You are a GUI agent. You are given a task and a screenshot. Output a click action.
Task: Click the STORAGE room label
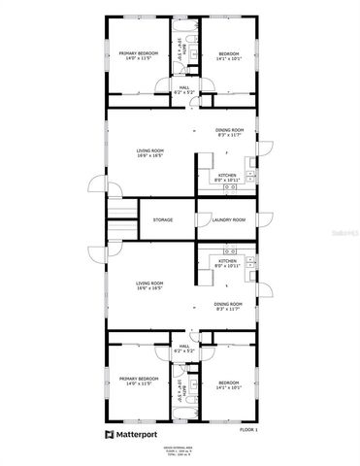click(163, 220)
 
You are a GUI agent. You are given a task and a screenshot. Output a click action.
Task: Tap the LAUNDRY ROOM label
click(228, 220)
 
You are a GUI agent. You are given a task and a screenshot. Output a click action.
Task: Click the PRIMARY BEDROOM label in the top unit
click(138, 53)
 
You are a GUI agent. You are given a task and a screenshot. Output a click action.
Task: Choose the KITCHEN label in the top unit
click(227, 176)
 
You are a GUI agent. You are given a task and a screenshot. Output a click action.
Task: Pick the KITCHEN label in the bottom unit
click(227, 260)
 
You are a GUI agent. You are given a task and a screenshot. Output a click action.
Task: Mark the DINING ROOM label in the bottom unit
click(229, 304)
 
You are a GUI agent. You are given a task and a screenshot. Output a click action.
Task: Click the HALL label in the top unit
click(184, 87)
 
